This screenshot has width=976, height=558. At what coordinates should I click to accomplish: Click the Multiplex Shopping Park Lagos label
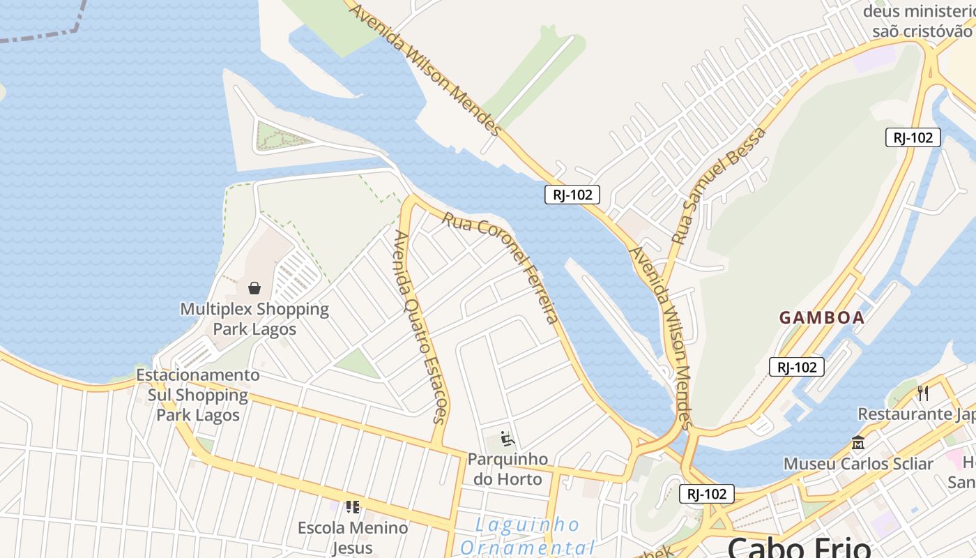point(254,319)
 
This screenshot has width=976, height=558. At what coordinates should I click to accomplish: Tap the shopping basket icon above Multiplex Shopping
point(254,288)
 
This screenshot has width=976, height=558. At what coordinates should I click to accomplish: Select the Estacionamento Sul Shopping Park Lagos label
point(198,395)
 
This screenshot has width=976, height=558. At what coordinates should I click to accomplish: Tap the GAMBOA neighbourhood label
point(822,318)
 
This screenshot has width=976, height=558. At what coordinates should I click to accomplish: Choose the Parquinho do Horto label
point(508,469)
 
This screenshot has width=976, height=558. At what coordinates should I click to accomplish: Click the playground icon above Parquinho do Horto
point(508,439)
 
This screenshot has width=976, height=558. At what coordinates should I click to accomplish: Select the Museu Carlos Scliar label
point(858,464)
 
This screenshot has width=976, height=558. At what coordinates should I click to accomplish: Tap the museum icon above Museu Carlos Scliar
point(858,442)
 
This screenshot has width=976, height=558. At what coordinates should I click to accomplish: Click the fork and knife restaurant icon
point(923,393)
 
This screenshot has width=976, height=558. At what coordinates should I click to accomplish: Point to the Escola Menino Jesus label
point(353,537)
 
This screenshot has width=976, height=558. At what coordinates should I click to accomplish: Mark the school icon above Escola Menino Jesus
point(353,506)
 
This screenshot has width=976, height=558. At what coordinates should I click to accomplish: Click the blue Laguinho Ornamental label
point(527,536)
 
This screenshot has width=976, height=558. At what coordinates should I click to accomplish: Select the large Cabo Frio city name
point(799,547)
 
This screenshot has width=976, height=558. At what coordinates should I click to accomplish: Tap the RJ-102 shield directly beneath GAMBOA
point(797,367)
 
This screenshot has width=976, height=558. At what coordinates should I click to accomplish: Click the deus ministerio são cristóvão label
point(919,22)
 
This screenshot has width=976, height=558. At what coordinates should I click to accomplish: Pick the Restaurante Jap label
point(915,414)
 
